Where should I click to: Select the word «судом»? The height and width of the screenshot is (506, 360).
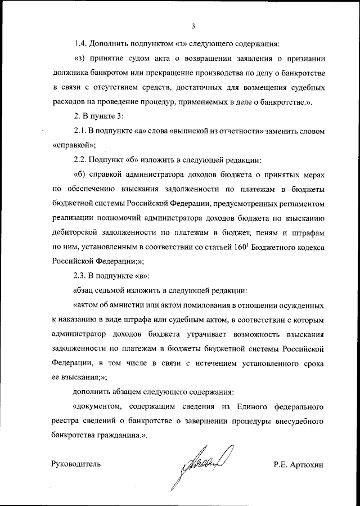click(144, 59)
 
